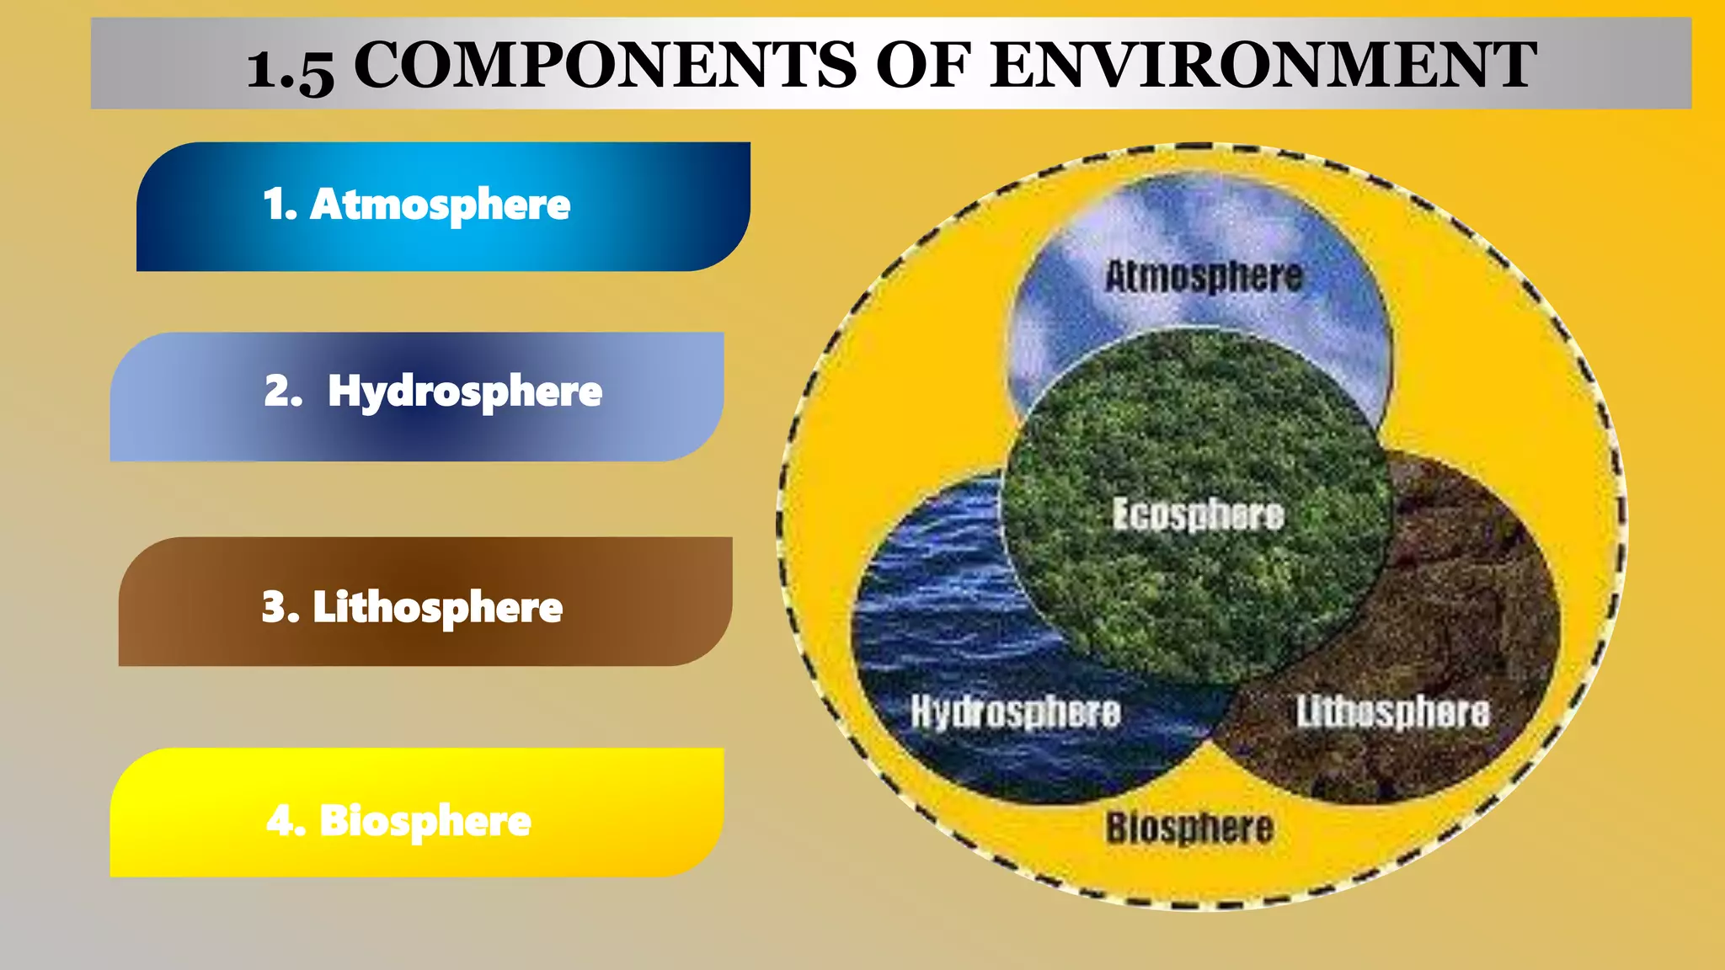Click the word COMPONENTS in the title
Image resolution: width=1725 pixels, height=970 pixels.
coord(605,65)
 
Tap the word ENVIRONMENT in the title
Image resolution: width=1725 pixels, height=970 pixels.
coord(1263,65)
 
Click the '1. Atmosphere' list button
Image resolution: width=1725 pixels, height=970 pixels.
coord(443,206)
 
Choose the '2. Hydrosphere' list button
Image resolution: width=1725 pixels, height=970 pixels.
coord(417,397)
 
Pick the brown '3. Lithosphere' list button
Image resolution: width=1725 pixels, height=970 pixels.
coord(425,601)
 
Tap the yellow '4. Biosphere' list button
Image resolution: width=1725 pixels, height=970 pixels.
coord(417,813)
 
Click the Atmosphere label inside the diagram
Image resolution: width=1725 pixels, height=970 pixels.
coord(1204,276)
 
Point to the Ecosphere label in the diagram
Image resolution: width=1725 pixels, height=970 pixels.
coord(1198,514)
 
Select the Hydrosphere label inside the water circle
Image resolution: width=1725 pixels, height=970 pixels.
coord(1016,712)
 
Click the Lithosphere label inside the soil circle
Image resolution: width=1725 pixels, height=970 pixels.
coord(1392,712)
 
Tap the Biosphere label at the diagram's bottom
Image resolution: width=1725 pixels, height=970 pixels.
coord(1189,828)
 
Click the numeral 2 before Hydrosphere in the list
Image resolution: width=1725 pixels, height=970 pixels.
coord(280,391)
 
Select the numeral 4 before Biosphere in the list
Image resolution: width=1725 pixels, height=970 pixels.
coord(282,820)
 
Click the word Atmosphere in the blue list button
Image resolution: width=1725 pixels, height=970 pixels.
coord(441,205)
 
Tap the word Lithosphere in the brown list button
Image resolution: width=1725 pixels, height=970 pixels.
coord(437,607)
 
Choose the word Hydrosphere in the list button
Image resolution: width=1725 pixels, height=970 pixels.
coord(465,392)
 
